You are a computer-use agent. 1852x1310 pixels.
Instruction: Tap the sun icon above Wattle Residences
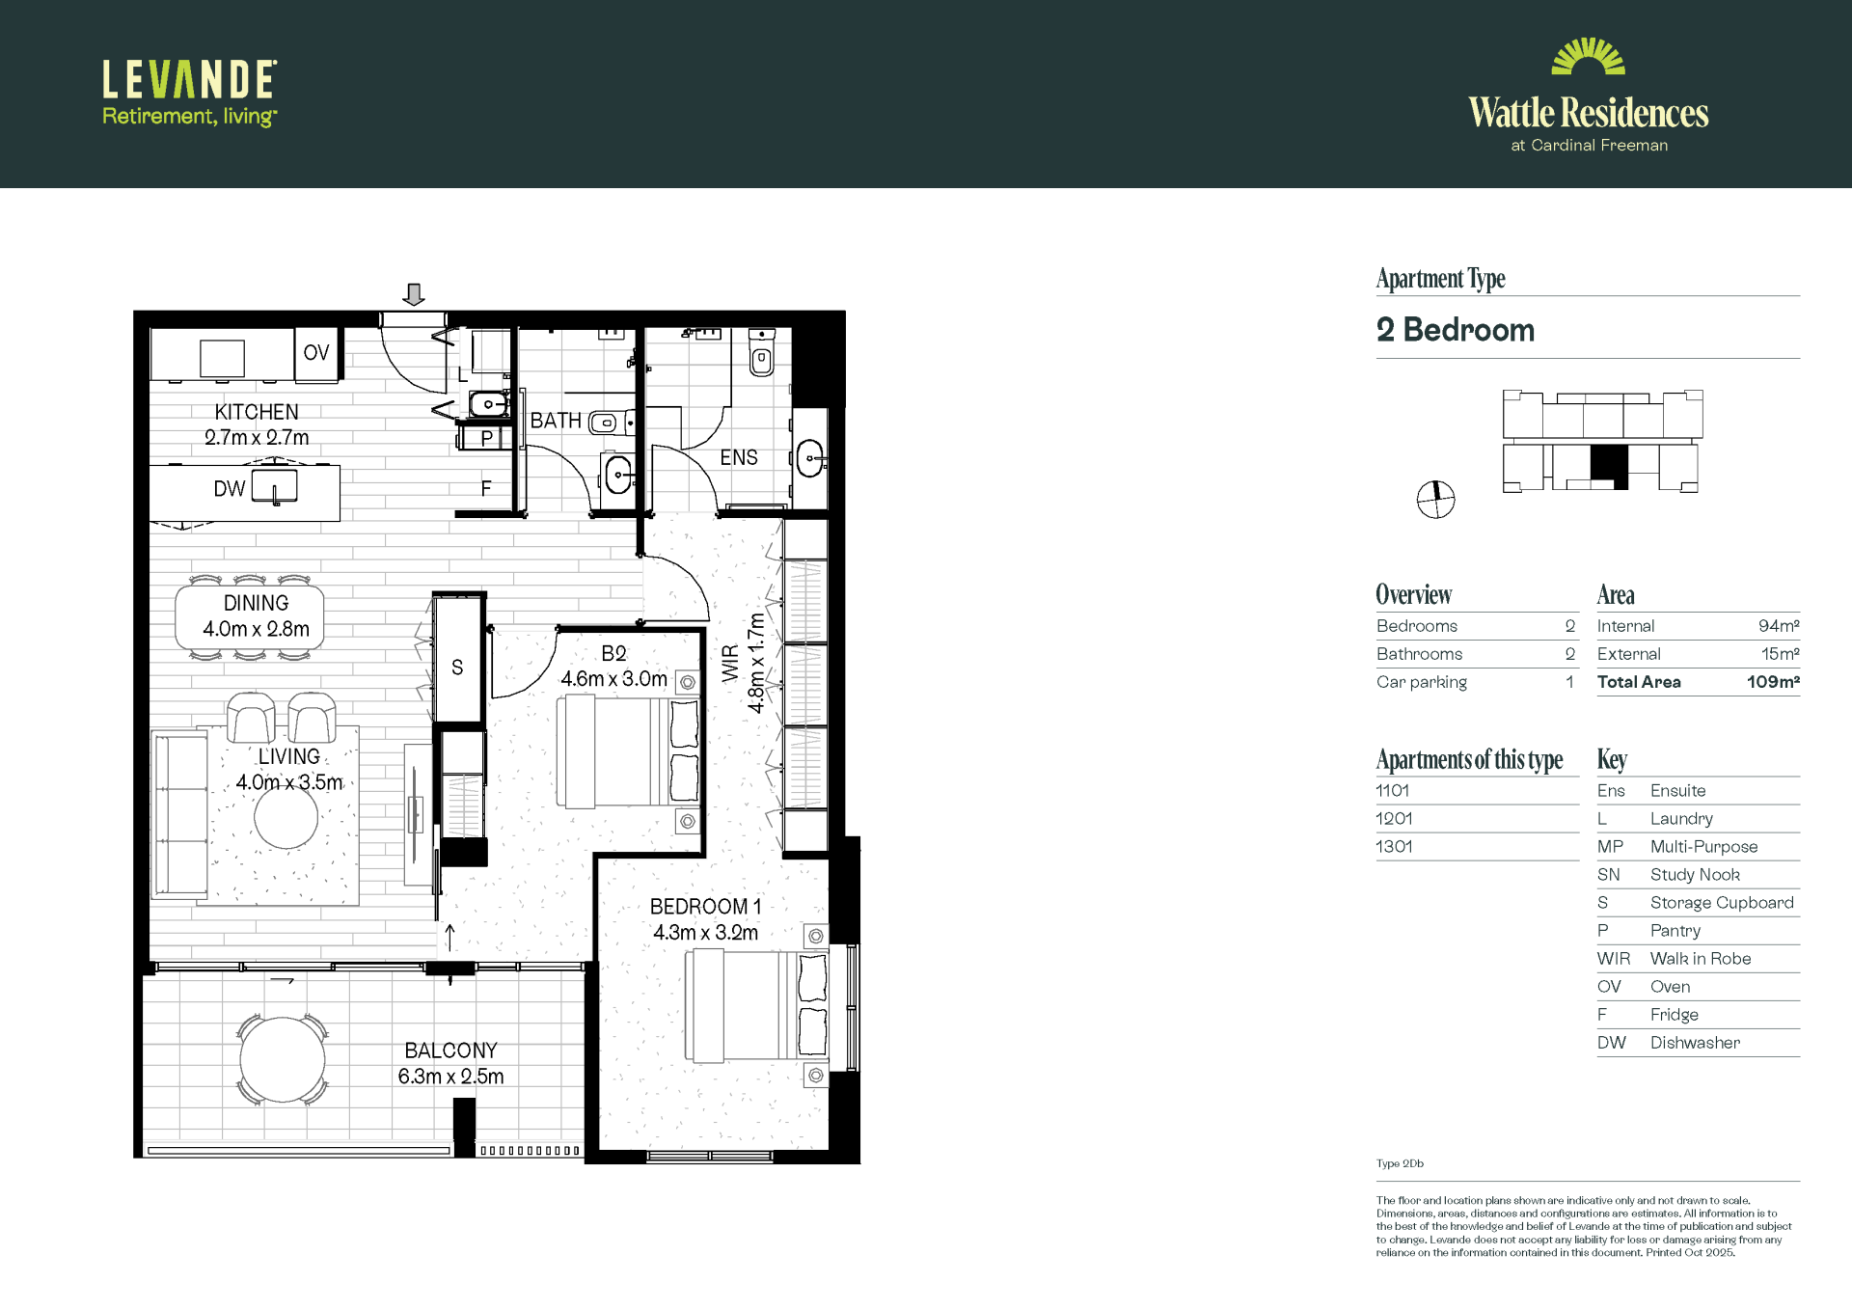point(1588,56)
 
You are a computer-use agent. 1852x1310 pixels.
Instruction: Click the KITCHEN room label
point(257,412)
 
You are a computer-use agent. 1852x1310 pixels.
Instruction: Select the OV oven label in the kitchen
point(316,353)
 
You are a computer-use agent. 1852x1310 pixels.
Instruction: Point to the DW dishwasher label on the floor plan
point(230,489)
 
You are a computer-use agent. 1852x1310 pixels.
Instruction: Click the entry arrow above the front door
point(414,294)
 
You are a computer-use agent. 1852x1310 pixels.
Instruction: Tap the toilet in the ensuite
point(762,353)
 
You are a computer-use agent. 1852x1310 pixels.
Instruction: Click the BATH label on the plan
point(556,421)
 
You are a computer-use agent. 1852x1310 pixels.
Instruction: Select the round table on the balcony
point(283,1059)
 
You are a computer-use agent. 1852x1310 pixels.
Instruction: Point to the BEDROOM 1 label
point(705,907)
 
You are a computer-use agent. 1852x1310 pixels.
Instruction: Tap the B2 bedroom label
point(613,653)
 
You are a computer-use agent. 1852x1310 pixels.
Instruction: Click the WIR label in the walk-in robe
point(730,664)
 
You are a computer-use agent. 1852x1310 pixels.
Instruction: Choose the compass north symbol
point(1435,500)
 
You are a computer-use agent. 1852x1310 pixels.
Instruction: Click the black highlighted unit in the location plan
point(1609,467)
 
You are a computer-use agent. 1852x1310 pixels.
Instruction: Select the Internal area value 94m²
point(1779,626)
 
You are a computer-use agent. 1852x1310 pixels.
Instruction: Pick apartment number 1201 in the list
point(1394,818)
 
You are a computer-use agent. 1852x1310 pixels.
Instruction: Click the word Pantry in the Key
point(1675,931)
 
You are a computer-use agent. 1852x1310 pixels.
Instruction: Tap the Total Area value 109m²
point(1773,682)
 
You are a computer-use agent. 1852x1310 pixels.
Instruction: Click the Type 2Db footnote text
point(1400,1163)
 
